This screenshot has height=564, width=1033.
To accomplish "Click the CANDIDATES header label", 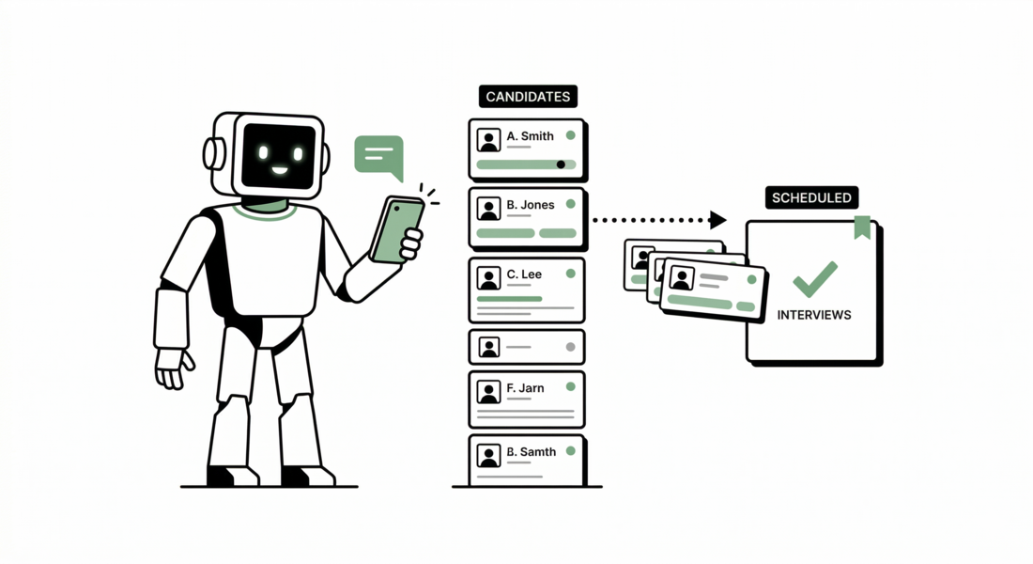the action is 528,97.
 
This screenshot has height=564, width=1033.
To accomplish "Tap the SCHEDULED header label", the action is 811,197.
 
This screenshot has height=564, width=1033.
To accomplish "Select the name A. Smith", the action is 531,136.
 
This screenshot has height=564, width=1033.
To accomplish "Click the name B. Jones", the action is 531,205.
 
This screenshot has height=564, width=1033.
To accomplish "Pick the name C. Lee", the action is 524,274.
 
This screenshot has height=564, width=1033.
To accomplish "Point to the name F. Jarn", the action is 525,387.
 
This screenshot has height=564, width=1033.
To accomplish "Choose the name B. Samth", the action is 532,452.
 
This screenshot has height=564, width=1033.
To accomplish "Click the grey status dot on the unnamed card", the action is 570,347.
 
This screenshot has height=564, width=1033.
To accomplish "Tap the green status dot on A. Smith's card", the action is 570,135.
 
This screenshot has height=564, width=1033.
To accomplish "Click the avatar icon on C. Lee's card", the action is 488,278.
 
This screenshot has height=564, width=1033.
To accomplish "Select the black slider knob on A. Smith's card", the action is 561,164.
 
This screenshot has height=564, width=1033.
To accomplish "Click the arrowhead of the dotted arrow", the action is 718,220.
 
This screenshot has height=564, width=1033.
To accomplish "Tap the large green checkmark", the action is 814,278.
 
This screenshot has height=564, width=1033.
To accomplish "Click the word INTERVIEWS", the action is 814,315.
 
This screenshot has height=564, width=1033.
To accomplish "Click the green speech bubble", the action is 379,156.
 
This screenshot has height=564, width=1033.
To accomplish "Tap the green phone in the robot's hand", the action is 396,230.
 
